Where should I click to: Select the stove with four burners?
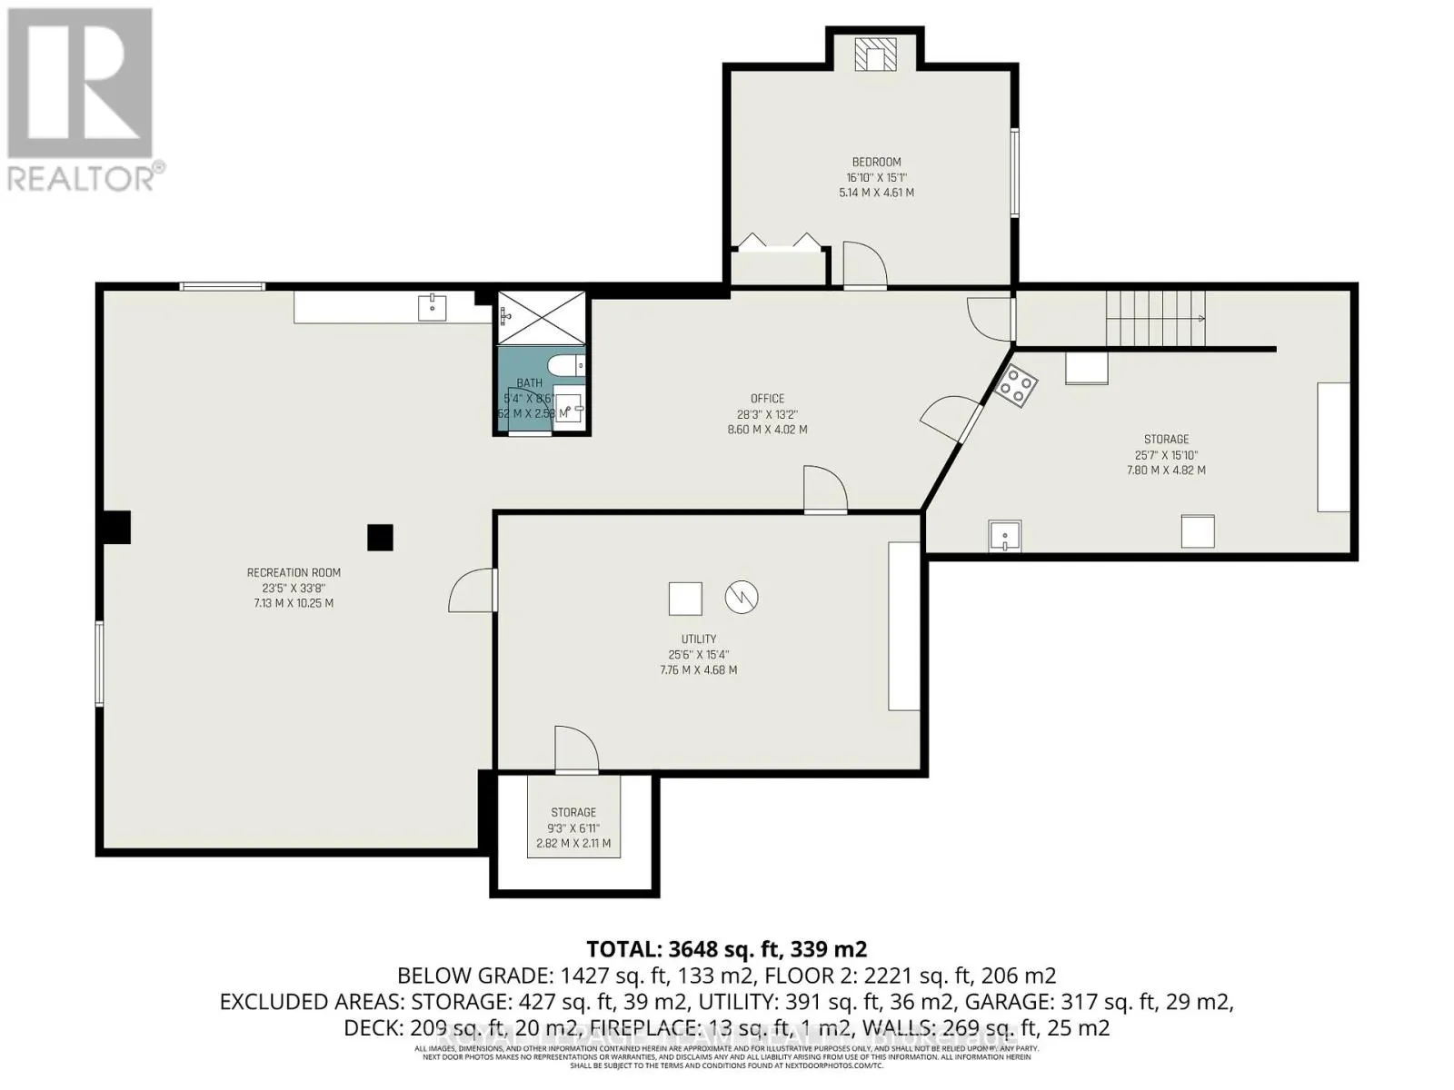1017,386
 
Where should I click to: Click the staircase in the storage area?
1155,318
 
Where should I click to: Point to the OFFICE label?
767,399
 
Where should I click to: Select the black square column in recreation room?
380,538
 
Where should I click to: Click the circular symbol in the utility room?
742,597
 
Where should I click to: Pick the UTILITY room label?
698,639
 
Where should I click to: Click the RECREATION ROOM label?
294,572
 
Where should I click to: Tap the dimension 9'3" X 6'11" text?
573,828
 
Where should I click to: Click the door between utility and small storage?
576,750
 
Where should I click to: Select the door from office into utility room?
825,490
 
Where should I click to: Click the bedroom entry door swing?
864,265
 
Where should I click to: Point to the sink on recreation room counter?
432,308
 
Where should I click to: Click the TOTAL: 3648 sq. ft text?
726,949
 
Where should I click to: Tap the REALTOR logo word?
82,178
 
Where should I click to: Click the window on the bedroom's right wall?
1014,173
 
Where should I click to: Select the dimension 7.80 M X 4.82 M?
1166,471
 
